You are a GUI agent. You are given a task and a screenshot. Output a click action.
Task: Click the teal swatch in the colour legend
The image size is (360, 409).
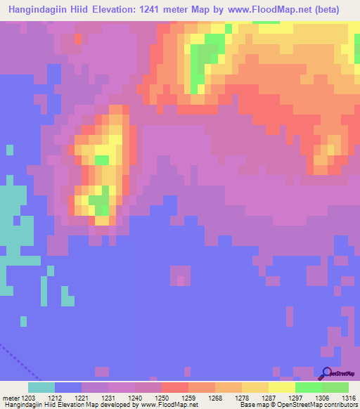tap(41, 387)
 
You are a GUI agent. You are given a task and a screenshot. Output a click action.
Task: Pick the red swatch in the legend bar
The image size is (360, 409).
tap(175, 387)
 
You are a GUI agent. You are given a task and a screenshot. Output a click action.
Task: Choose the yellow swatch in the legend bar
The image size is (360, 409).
tap(282, 387)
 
